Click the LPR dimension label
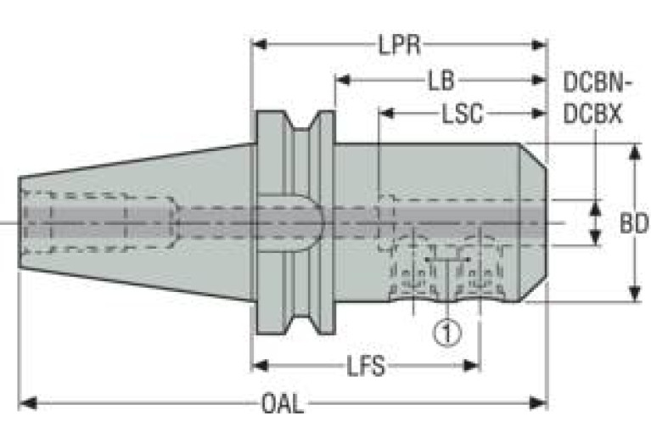click(x=399, y=44)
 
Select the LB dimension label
click(x=441, y=81)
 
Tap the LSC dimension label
click(x=462, y=114)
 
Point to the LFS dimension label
click(x=365, y=367)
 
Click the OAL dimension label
click(x=283, y=403)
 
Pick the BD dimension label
click(x=633, y=223)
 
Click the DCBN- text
click(x=597, y=82)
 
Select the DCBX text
click(x=593, y=114)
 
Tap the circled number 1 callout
click(x=447, y=333)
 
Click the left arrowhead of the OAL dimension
click(x=28, y=403)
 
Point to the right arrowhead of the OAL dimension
click(x=538, y=403)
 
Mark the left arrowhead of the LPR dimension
click(x=260, y=44)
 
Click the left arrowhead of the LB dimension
click(x=343, y=80)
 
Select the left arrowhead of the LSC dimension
click(x=386, y=113)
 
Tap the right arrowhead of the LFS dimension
click(x=472, y=366)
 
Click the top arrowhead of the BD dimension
click(x=634, y=152)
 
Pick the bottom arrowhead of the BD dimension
click(x=634, y=293)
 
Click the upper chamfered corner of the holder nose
click(x=533, y=155)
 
